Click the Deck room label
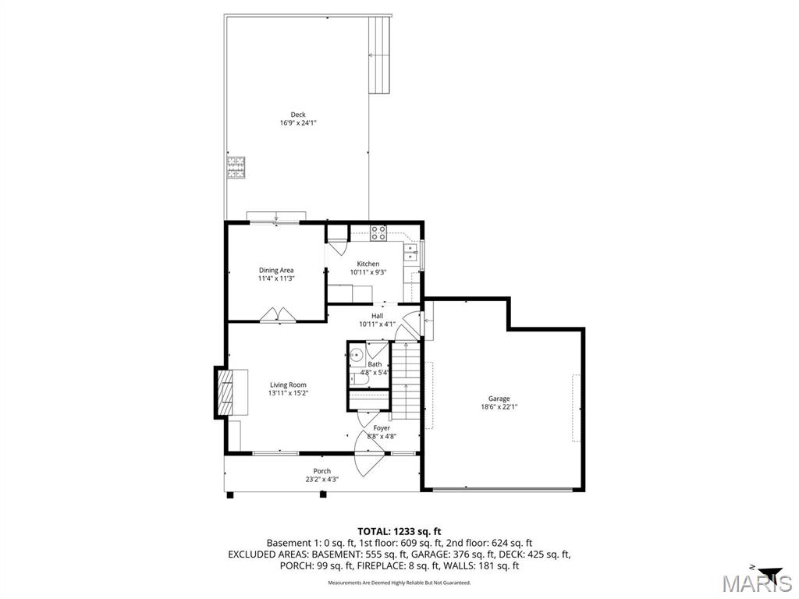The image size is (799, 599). [298, 115]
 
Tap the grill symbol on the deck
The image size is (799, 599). [236, 168]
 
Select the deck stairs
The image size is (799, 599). [379, 55]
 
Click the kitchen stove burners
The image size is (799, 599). [378, 231]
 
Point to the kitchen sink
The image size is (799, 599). [410, 252]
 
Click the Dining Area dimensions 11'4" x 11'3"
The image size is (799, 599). [276, 278]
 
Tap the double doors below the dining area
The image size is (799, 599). [277, 314]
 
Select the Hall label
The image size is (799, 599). [377, 316]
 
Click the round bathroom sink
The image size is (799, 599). [357, 356]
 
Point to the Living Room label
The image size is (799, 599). [288, 385]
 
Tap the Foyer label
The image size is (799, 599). [382, 428]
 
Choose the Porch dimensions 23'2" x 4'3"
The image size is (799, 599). [321, 480]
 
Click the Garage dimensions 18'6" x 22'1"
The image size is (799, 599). [499, 406]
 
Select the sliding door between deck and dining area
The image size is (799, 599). [276, 218]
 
